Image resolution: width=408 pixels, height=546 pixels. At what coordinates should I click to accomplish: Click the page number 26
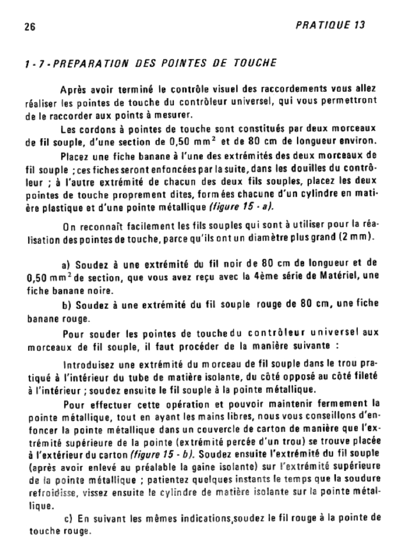[29, 28]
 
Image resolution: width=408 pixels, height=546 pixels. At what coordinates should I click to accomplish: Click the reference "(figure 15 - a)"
[243, 206]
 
